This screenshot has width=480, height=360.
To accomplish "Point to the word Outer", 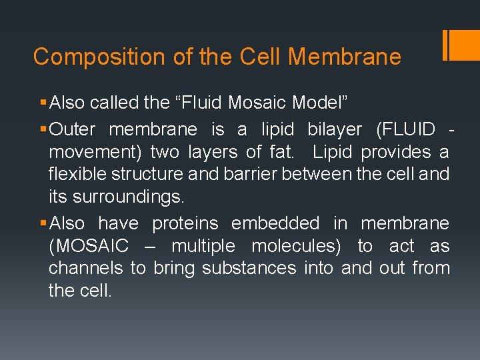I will click(73, 129).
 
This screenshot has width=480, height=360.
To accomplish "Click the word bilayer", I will click(334, 129).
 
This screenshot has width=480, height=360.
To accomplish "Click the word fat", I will click(279, 152).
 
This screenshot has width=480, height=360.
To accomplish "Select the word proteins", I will click(185, 223).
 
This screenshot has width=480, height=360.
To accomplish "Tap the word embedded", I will click(275, 223).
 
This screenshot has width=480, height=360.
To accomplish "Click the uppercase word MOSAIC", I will click(89, 246).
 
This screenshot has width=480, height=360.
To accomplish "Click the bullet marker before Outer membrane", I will click(43, 129).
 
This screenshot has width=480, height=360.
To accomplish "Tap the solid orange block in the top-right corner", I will click(465, 45).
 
